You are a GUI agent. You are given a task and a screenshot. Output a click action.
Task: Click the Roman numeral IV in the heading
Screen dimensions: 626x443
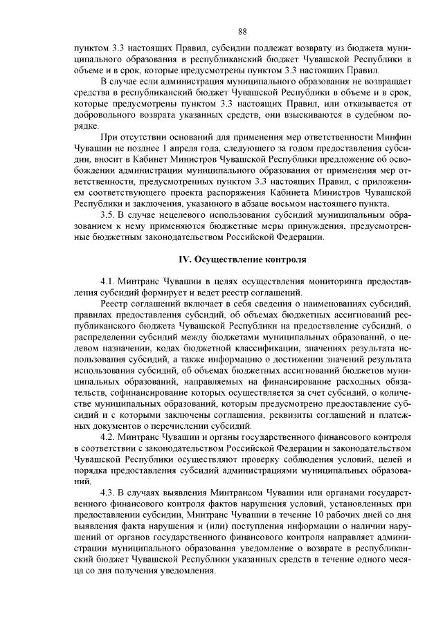[184, 260]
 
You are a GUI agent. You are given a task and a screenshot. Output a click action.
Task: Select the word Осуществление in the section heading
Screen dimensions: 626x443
[222, 260]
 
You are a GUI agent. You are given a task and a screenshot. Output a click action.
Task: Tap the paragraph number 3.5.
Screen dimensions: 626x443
[109, 215]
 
